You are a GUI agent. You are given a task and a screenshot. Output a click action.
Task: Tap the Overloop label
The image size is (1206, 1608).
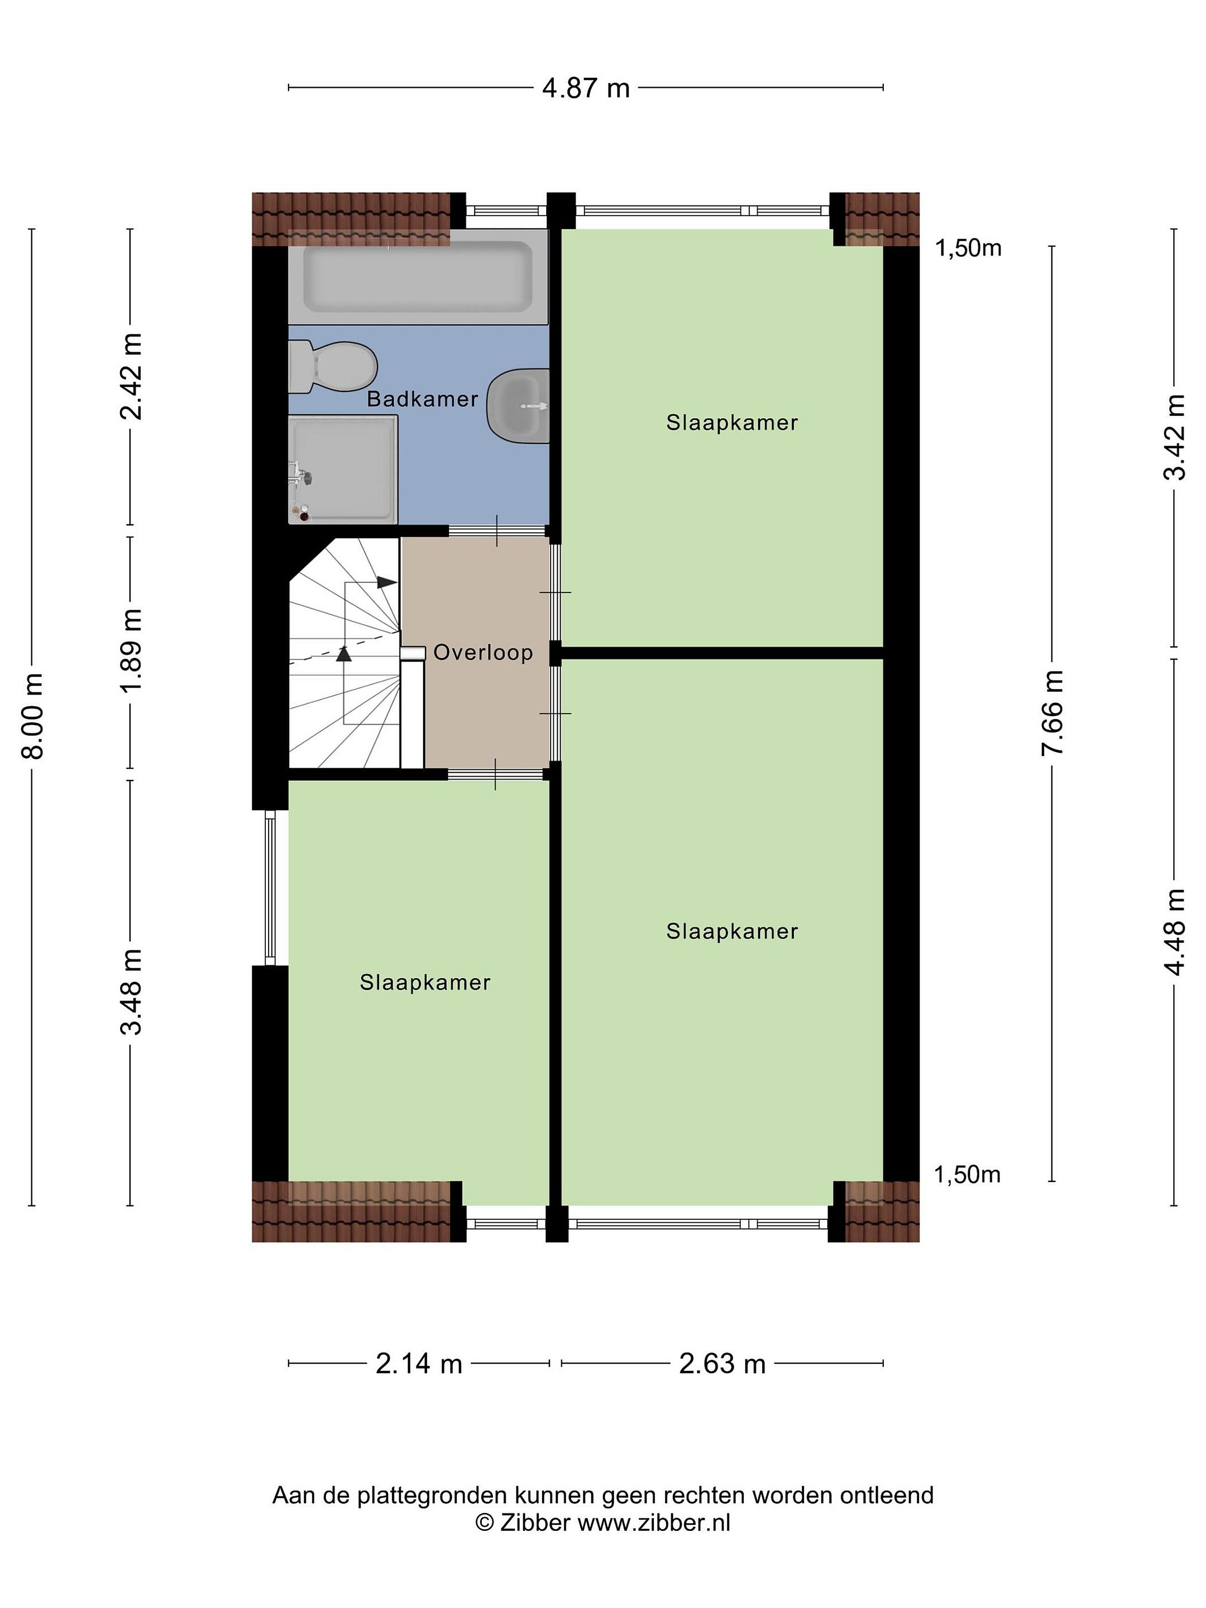point(483,652)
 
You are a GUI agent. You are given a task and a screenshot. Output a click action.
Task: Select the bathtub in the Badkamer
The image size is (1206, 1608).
point(418,277)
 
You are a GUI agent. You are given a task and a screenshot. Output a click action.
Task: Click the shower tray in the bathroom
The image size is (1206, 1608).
point(343,469)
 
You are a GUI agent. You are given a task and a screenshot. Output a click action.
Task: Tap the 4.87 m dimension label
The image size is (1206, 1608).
point(586,88)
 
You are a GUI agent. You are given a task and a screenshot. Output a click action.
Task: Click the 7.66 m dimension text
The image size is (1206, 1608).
point(1052,713)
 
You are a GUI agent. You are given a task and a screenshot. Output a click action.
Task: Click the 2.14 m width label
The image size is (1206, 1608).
point(419,1364)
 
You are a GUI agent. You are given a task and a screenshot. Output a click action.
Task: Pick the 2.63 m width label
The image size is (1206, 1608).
point(722,1364)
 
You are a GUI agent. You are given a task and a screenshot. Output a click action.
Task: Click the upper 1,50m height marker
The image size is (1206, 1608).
point(968,248)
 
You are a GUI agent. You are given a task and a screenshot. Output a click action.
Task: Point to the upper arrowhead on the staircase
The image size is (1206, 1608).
point(387,582)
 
